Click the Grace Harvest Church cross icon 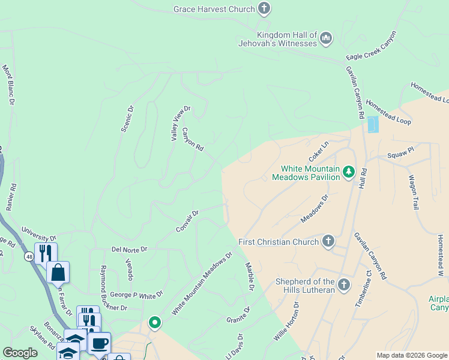pos(264,9)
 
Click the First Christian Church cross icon pos(328,242)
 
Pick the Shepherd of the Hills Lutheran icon pos(344,284)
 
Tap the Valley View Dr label pos(180,124)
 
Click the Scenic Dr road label pos(127,118)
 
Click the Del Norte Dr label pos(129,249)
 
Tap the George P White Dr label pos(136,295)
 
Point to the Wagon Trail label pos(413,192)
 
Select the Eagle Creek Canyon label pos(372,45)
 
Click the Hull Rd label pos(363,179)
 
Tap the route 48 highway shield pos(29,257)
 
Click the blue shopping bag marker pos(58,272)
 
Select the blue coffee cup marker pos(99,344)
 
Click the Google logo pos(20,353)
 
